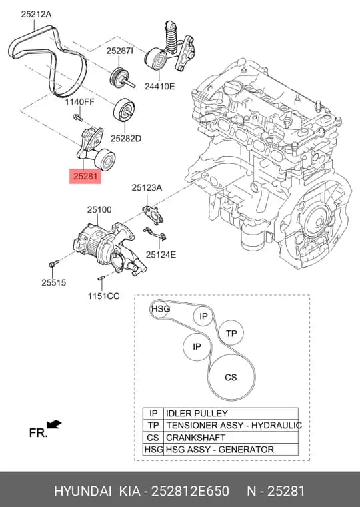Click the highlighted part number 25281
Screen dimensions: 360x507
[x=85, y=177]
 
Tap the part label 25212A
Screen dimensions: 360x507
[x=37, y=15]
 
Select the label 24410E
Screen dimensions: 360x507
[x=159, y=86]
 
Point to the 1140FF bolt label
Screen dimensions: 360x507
[x=80, y=102]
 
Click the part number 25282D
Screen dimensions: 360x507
[x=126, y=139]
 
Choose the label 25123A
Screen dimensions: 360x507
[x=147, y=188]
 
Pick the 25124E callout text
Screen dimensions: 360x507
[x=161, y=254]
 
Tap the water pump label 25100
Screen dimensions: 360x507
[x=99, y=210]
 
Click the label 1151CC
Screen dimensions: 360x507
[x=104, y=296]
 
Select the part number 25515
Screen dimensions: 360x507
[x=53, y=282]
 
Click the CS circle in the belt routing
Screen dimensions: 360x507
[x=232, y=377]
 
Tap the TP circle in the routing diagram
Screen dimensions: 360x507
[x=231, y=333]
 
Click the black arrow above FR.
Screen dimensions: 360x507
[x=54, y=424]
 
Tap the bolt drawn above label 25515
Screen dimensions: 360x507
[x=54, y=263]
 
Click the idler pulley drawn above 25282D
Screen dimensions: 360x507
[x=125, y=110]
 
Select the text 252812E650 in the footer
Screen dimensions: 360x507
[x=191, y=491]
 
